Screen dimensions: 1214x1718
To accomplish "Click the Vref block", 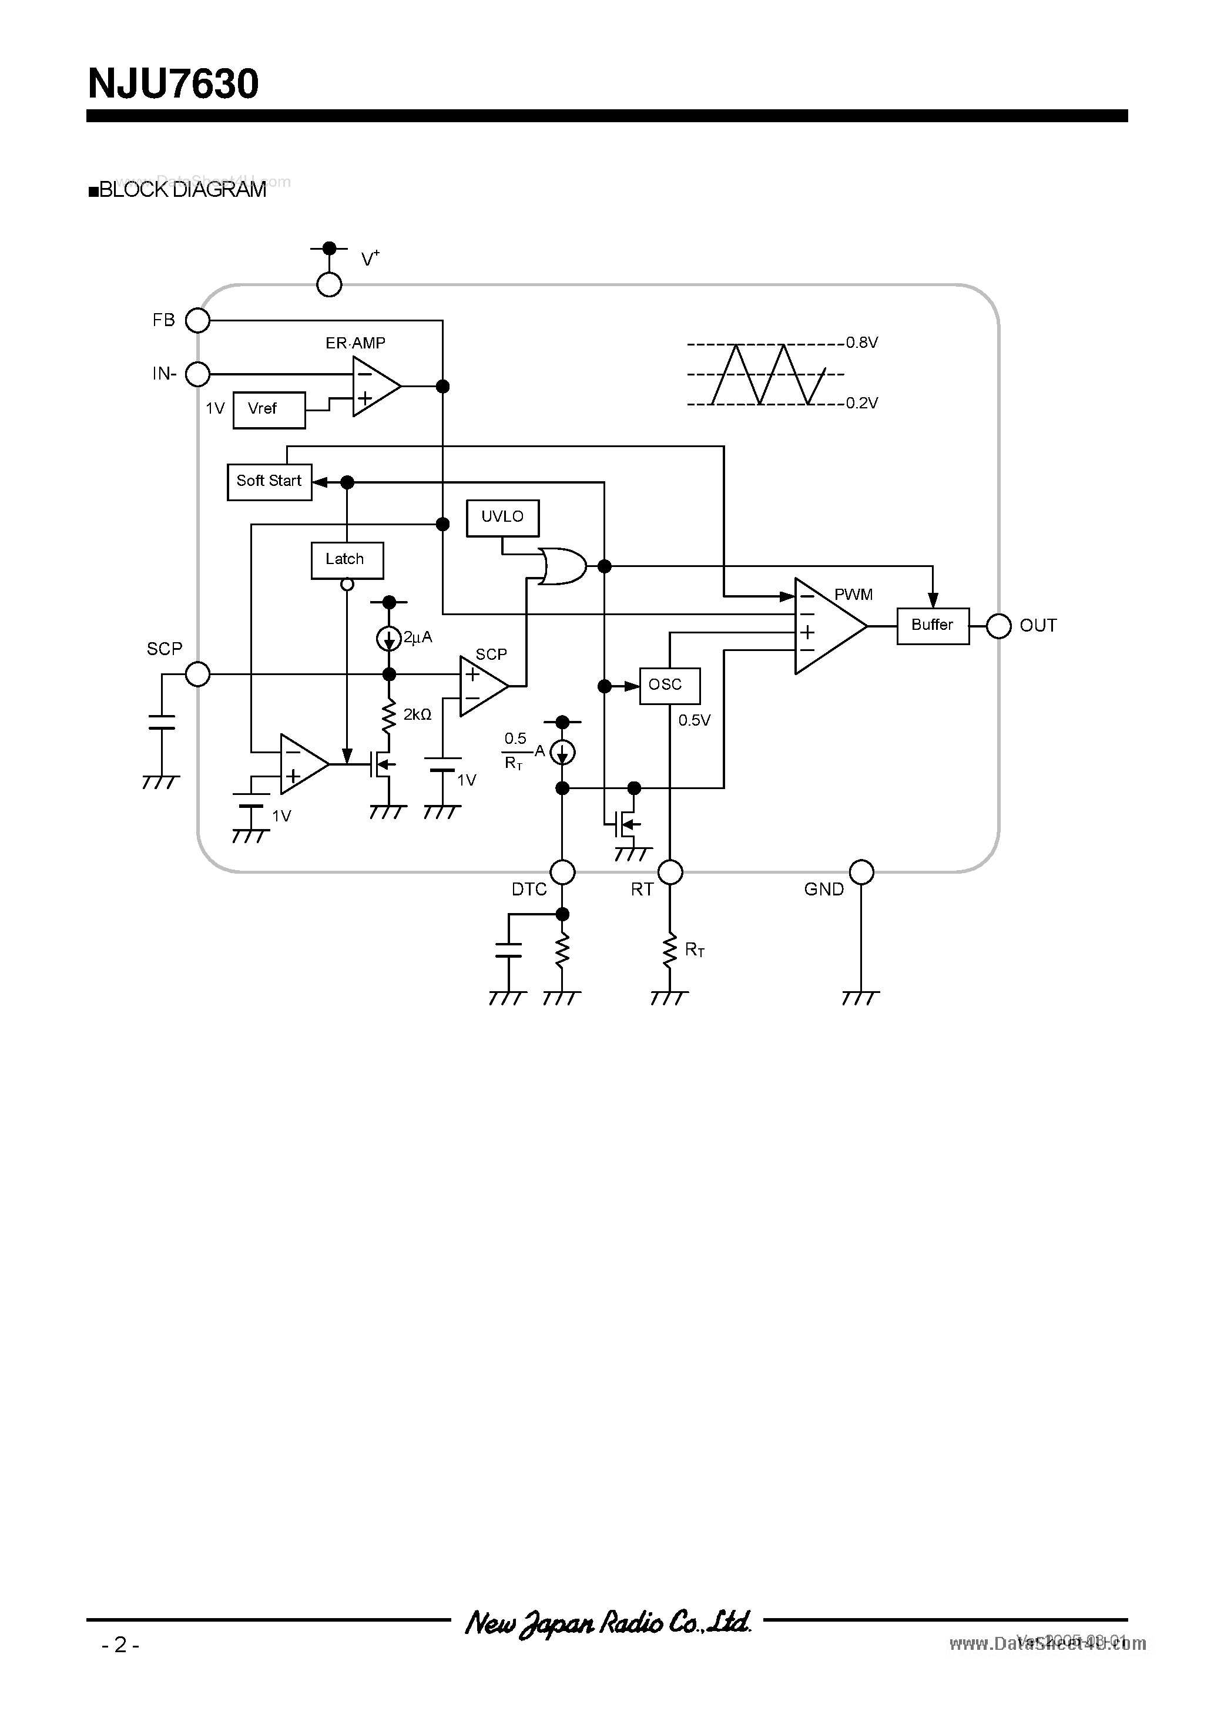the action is [x=269, y=410].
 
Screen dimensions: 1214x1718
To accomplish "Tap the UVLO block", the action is [x=502, y=517].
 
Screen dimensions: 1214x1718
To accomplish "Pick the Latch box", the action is [x=347, y=560].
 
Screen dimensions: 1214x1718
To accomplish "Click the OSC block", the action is [x=669, y=686].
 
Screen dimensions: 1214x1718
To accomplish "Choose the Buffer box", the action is [x=933, y=626].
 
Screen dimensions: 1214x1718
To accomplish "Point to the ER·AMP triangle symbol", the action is [x=374, y=386].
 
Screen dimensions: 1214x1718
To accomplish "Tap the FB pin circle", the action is [x=197, y=320].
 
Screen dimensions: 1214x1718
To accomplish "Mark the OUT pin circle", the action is [x=998, y=626].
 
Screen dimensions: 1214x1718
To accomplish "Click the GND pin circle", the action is [x=861, y=872].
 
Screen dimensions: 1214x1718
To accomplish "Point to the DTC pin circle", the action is [x=562, y=872].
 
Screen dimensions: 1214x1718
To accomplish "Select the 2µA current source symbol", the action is [x=388, y=637].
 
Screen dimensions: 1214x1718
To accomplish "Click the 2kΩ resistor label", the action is [x=417, y=714].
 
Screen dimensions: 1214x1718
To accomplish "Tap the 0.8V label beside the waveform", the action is [x=861, y=343].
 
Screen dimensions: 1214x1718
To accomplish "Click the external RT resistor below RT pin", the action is [x=670, y=950].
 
